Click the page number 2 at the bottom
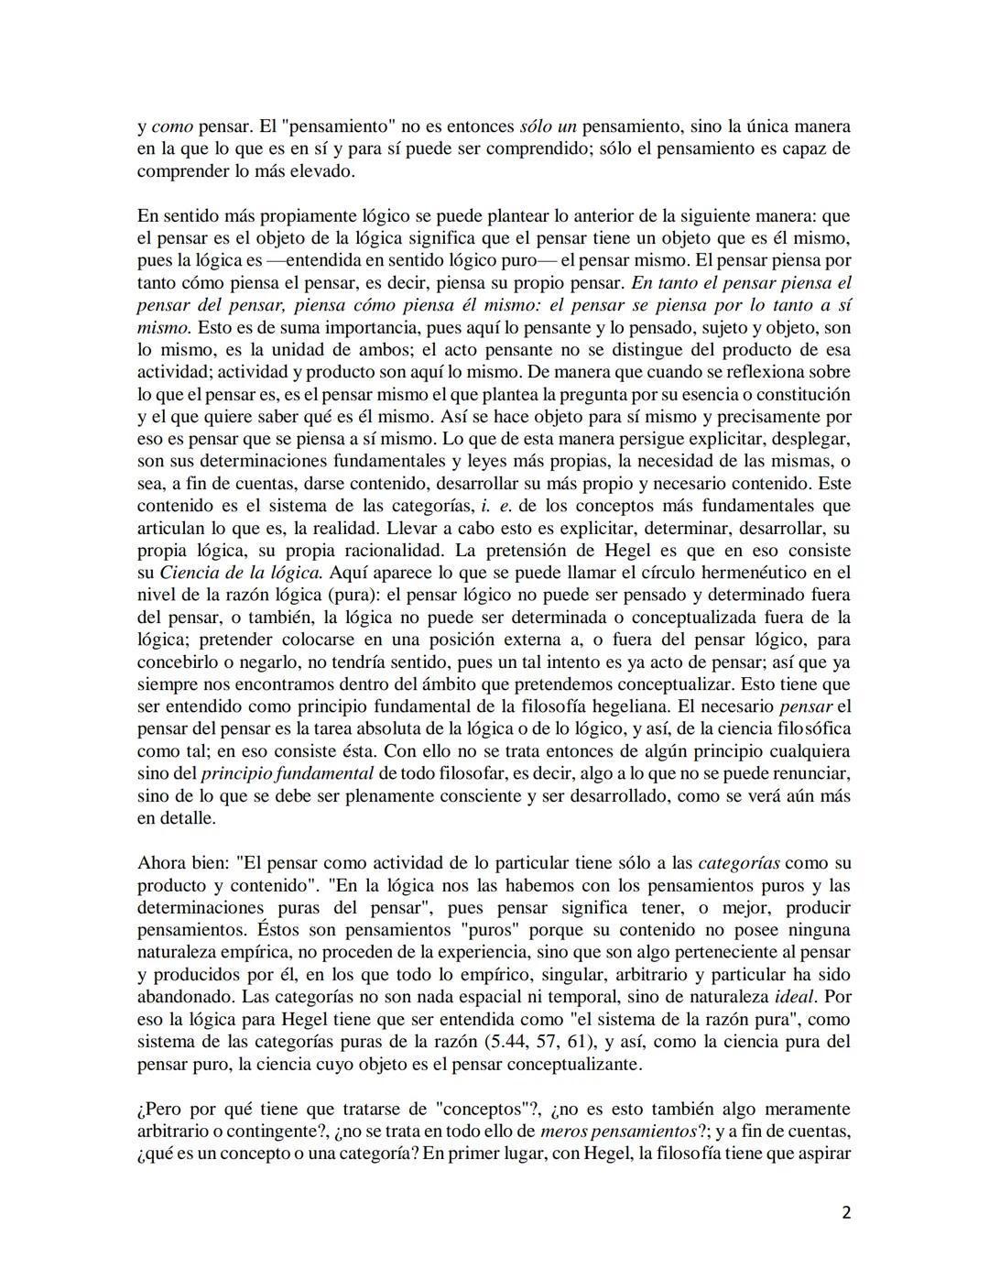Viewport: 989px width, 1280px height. (x=845, y=1213)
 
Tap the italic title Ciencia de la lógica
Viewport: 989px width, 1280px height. (x=241, y=573)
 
